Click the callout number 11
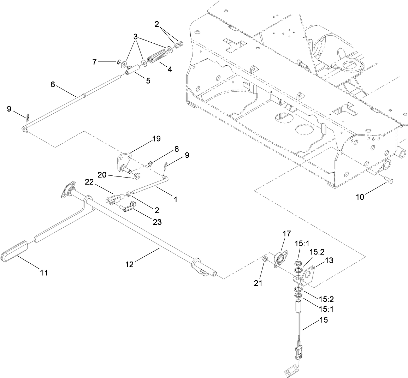pos(43,272)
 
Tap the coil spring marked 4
pos(156,58)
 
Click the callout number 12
pos(130,264)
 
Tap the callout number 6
pos(53,84)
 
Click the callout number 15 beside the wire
pos(323,320)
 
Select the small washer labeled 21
pos(265,260)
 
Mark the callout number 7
pos(94,62)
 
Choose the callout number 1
pos(175,199)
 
